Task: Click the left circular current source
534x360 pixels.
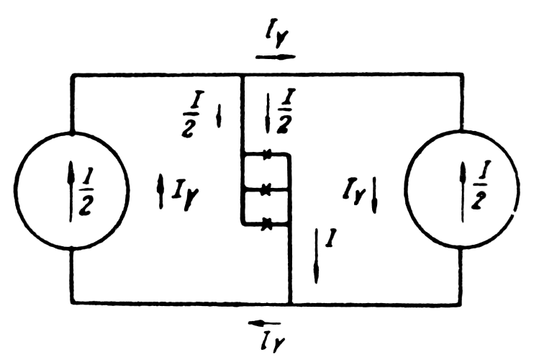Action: click(x=72, y=190)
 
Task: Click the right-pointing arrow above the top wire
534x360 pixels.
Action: click(x=275, y=55)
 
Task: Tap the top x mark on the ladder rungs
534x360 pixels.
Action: click(x=266, y=154)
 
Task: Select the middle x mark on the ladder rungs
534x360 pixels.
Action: click(x=266, y=189)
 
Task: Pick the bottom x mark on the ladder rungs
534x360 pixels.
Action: click(x=266, y=225)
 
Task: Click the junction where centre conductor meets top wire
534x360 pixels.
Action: click(x=242, y=73)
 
